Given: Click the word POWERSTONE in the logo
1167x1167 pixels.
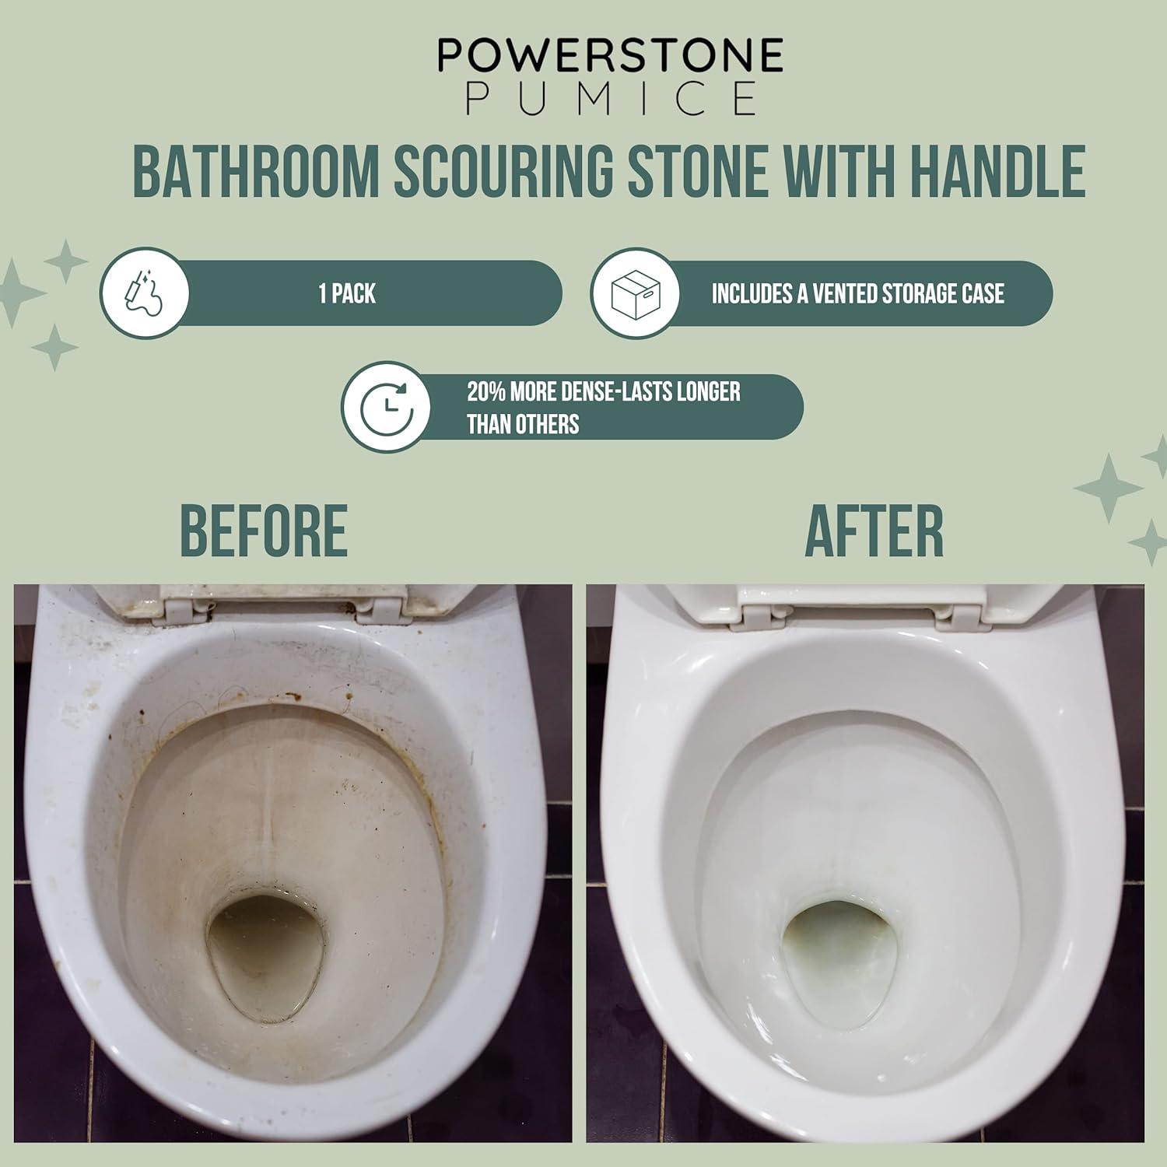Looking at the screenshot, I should (609, 56).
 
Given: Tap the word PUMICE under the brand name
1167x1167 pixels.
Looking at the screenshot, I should (611, 100).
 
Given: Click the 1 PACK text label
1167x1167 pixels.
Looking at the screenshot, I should (347, 293).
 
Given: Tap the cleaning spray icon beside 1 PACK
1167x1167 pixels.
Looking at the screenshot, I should (145, 293).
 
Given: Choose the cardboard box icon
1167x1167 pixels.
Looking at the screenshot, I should (635, 293).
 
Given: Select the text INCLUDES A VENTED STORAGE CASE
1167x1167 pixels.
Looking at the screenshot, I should (857, 293).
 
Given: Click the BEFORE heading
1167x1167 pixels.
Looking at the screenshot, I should (263, 531).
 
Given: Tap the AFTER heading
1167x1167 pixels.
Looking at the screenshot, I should (874, 531).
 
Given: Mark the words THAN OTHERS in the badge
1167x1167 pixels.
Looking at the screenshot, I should (523, 425).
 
